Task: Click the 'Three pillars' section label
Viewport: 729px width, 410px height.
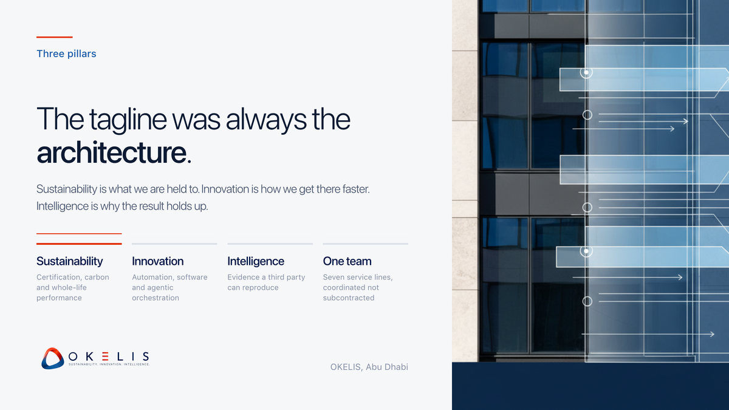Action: coord(66,53)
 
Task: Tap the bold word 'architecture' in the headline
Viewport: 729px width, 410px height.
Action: coord(111,152)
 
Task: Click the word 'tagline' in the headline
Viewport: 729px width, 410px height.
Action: coord(128,120)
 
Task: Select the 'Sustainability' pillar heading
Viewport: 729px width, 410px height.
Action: coord(70,261)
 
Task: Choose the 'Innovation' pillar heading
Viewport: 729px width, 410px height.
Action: coord(157,261)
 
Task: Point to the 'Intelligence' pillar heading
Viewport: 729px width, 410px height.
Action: coord(256,261)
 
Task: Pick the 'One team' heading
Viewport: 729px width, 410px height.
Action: coord(347,261)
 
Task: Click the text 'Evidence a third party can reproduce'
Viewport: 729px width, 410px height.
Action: coord(266,282)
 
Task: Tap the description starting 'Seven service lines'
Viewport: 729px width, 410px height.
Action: coord(358,287)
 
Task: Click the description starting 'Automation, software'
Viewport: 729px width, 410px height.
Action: coord(169,287)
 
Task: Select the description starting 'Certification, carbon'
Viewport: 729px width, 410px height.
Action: coord(72,287)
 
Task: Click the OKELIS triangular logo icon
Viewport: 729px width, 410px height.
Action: coord(53,358)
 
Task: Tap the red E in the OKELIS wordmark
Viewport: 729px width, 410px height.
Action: coord(105,357)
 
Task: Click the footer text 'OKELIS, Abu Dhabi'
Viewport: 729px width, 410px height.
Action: coord(369,367)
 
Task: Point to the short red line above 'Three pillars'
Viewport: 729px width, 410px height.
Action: coord(54,37)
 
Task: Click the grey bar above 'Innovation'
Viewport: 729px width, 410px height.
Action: coord(174,244)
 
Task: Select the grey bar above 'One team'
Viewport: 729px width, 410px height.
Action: coord(366,244)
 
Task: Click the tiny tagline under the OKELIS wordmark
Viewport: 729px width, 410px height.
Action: coord(109,364)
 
